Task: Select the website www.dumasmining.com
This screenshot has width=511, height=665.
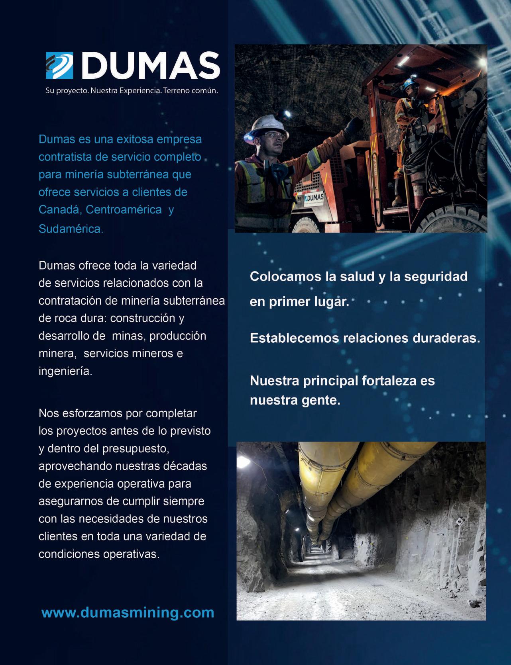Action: pos(128,612)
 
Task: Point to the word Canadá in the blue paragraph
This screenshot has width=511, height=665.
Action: pos(60,209)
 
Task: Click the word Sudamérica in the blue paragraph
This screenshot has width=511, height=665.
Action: pos(71,229)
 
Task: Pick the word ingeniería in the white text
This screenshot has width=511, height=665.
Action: pos(65,371)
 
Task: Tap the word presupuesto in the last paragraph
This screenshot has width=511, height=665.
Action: pos(136,448)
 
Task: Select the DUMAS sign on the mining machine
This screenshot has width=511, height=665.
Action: pos(314,198)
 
